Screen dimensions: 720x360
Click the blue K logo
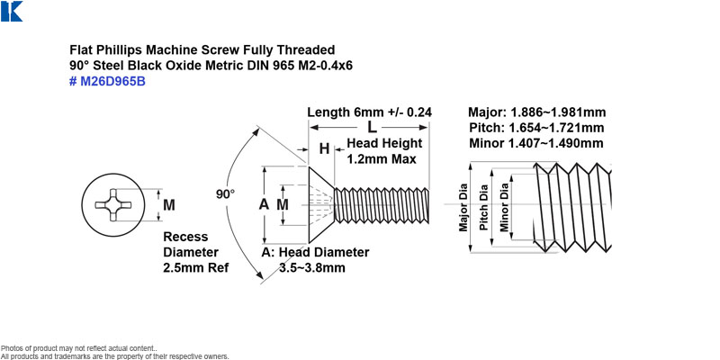pyautogui.click(x=12, y=11)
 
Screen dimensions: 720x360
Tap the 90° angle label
pyautogui.click(x=226, y=194)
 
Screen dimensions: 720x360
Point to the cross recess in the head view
pyautogui.click(x=113, y=205)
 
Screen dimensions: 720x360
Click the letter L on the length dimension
pyautogui.click(x=372, y=127)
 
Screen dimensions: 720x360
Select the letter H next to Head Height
pyautogui.click(x=324, y=148)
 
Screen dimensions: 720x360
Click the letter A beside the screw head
pyautogui.click(x=264, y=205)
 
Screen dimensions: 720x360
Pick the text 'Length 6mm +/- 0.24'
pyautogui.click(x=370, y=112)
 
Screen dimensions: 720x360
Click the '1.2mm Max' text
pyautogui.click(x=382, y=159)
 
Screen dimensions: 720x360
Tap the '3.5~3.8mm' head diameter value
pyautogui.click(x=312, y=267)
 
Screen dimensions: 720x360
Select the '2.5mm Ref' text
pyautogui.click(x=195, y=267)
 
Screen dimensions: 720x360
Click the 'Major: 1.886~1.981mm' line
pyautogui.click(x=536, y=112)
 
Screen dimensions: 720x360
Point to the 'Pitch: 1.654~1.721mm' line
pyautogui.click(x=536, y=128)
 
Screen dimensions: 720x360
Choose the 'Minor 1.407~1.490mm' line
pyautogui.click(x=536, y=143)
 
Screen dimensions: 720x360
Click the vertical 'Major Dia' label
pyautogui.click(x=463, y=208)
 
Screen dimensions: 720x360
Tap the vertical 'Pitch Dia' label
pyautogui.click(x=484, y=208)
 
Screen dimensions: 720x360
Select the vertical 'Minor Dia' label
pyautogui.click(x=505, y=207)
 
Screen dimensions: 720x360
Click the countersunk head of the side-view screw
pyautogui.click(x=320, y=205)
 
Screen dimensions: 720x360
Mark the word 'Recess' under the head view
pyautogui.click(x=185, y=237)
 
